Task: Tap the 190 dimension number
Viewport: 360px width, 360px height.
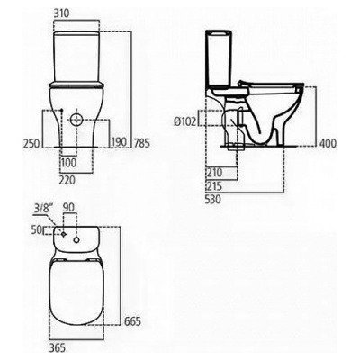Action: coord(116,141)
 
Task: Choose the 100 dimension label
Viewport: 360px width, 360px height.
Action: coord(69,162)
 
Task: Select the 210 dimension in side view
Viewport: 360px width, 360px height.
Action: coord(213,171)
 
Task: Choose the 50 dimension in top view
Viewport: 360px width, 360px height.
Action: coord(35,231)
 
